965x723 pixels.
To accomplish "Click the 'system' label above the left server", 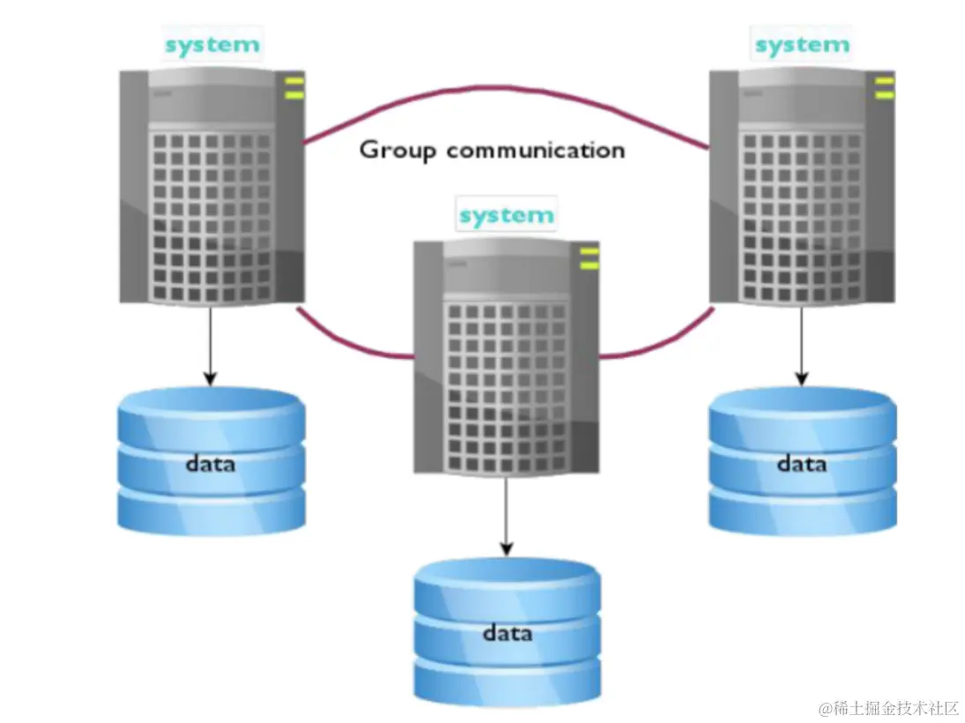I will tap(212, 45).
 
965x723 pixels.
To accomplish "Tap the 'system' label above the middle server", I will tap(506, 214).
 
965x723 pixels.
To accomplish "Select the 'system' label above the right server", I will tap(802, 44).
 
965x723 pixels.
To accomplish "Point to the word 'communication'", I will tap(535, 150).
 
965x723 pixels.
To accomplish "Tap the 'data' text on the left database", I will tap(211, 462).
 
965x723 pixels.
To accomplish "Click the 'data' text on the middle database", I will tap(507, 632).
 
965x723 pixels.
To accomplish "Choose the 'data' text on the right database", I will tap(801, 462).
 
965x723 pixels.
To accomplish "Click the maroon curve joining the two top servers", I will tap(507, 91).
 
